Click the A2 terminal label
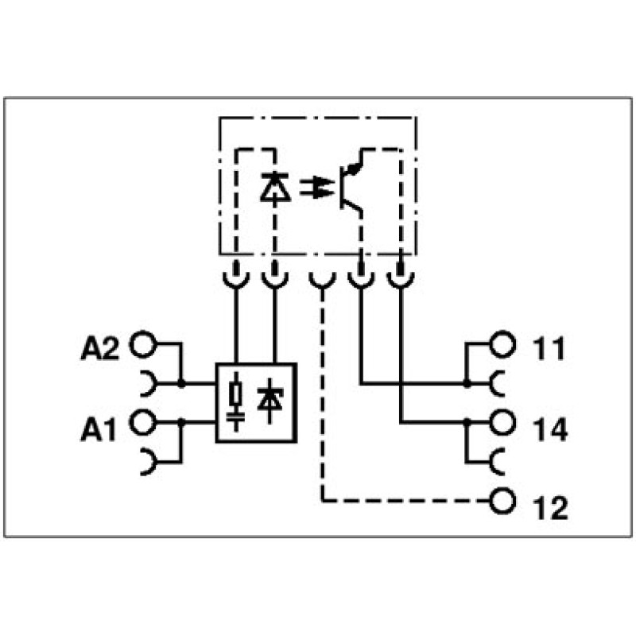point(100,348)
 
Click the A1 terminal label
point(98,429)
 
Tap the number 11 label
point(549,348)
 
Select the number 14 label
point(550,429)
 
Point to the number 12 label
point(550,508)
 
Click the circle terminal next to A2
point(142,344)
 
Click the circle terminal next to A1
point(142,423)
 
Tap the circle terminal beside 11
point(502,344)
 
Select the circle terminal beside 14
point(502,423)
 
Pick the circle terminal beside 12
point(502,502)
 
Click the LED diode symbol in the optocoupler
point(275,187)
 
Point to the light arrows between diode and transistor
point(316,187)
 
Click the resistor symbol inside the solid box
point(235,394)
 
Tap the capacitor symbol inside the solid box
point(235,417)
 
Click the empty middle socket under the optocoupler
point(323,281)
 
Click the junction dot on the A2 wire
point(181,383)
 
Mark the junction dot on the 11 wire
point(467,383)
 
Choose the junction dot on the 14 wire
point(467,423)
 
